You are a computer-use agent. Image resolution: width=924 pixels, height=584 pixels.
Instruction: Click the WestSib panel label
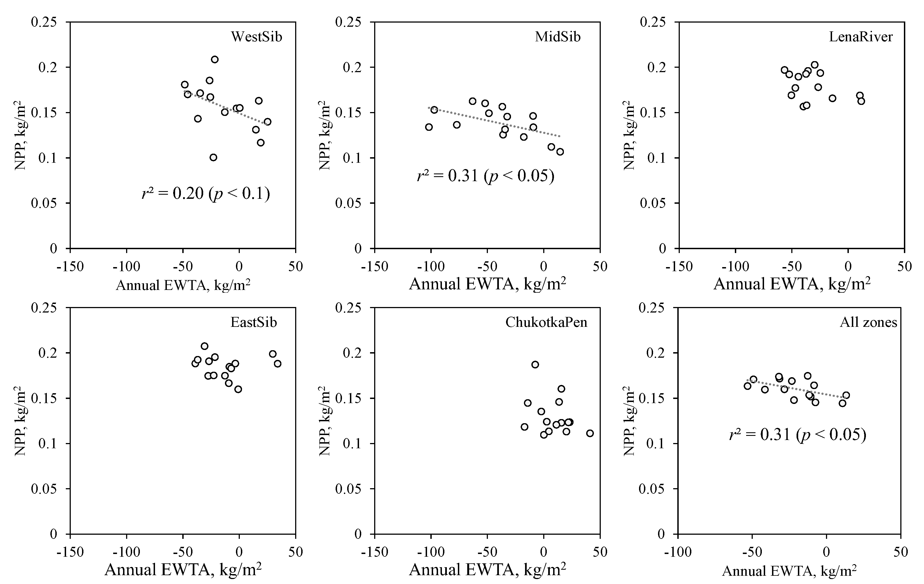(x=256, y=37)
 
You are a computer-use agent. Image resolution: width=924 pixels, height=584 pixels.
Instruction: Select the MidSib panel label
(x=558, y=37)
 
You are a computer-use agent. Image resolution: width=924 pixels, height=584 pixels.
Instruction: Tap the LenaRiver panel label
(x=861, y=37)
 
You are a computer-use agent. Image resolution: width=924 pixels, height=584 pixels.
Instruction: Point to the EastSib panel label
(x=253, y=322)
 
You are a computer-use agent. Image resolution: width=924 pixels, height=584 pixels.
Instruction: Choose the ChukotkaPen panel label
(x=546, y=322)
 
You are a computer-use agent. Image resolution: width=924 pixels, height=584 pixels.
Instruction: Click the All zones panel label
(x=868, y=322)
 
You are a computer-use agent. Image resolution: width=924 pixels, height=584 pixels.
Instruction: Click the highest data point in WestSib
(x=215, y=59)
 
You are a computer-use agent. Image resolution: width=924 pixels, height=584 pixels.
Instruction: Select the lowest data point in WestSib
(x=213, y=157)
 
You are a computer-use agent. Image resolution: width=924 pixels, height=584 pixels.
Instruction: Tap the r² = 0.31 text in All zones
(x=797, y=435)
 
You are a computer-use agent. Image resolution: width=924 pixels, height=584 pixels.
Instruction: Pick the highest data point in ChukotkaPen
(x=535, y=365)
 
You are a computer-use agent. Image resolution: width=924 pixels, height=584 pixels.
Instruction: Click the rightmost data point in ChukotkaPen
(x=590, y=433)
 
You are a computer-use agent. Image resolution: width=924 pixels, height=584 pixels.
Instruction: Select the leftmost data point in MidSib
(x=429, y=127)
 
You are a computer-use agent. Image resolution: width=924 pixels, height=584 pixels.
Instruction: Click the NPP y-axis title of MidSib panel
(x=324, y=135)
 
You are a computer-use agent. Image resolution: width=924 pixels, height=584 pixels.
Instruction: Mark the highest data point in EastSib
(x=205, y=346)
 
